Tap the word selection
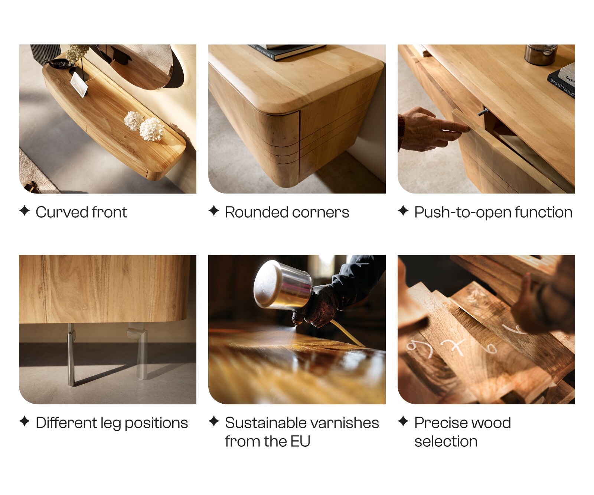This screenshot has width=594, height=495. [x=446, y=442]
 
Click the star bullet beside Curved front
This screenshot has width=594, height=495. [x=25, y=211]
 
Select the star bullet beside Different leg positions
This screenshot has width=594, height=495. [x=25, y=421]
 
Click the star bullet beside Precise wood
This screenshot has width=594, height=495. [x=403, y=421]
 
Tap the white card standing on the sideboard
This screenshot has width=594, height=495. [x=79, y=84]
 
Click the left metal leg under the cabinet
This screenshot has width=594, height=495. [x=71, y=354]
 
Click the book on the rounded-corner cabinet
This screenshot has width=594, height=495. [x=286, y=51]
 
